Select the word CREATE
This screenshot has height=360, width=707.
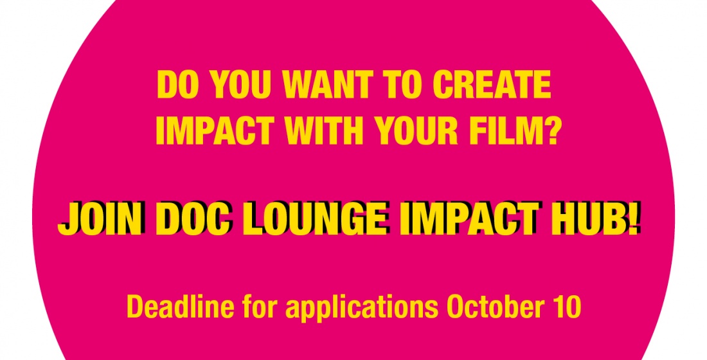[x=492, y=85]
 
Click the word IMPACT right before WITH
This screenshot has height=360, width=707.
[x=215, y=130]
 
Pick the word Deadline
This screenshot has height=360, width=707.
[x=181, y=306]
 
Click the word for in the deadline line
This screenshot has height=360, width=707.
[x=260, y=306]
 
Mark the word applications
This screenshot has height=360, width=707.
[x=362, y=309]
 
